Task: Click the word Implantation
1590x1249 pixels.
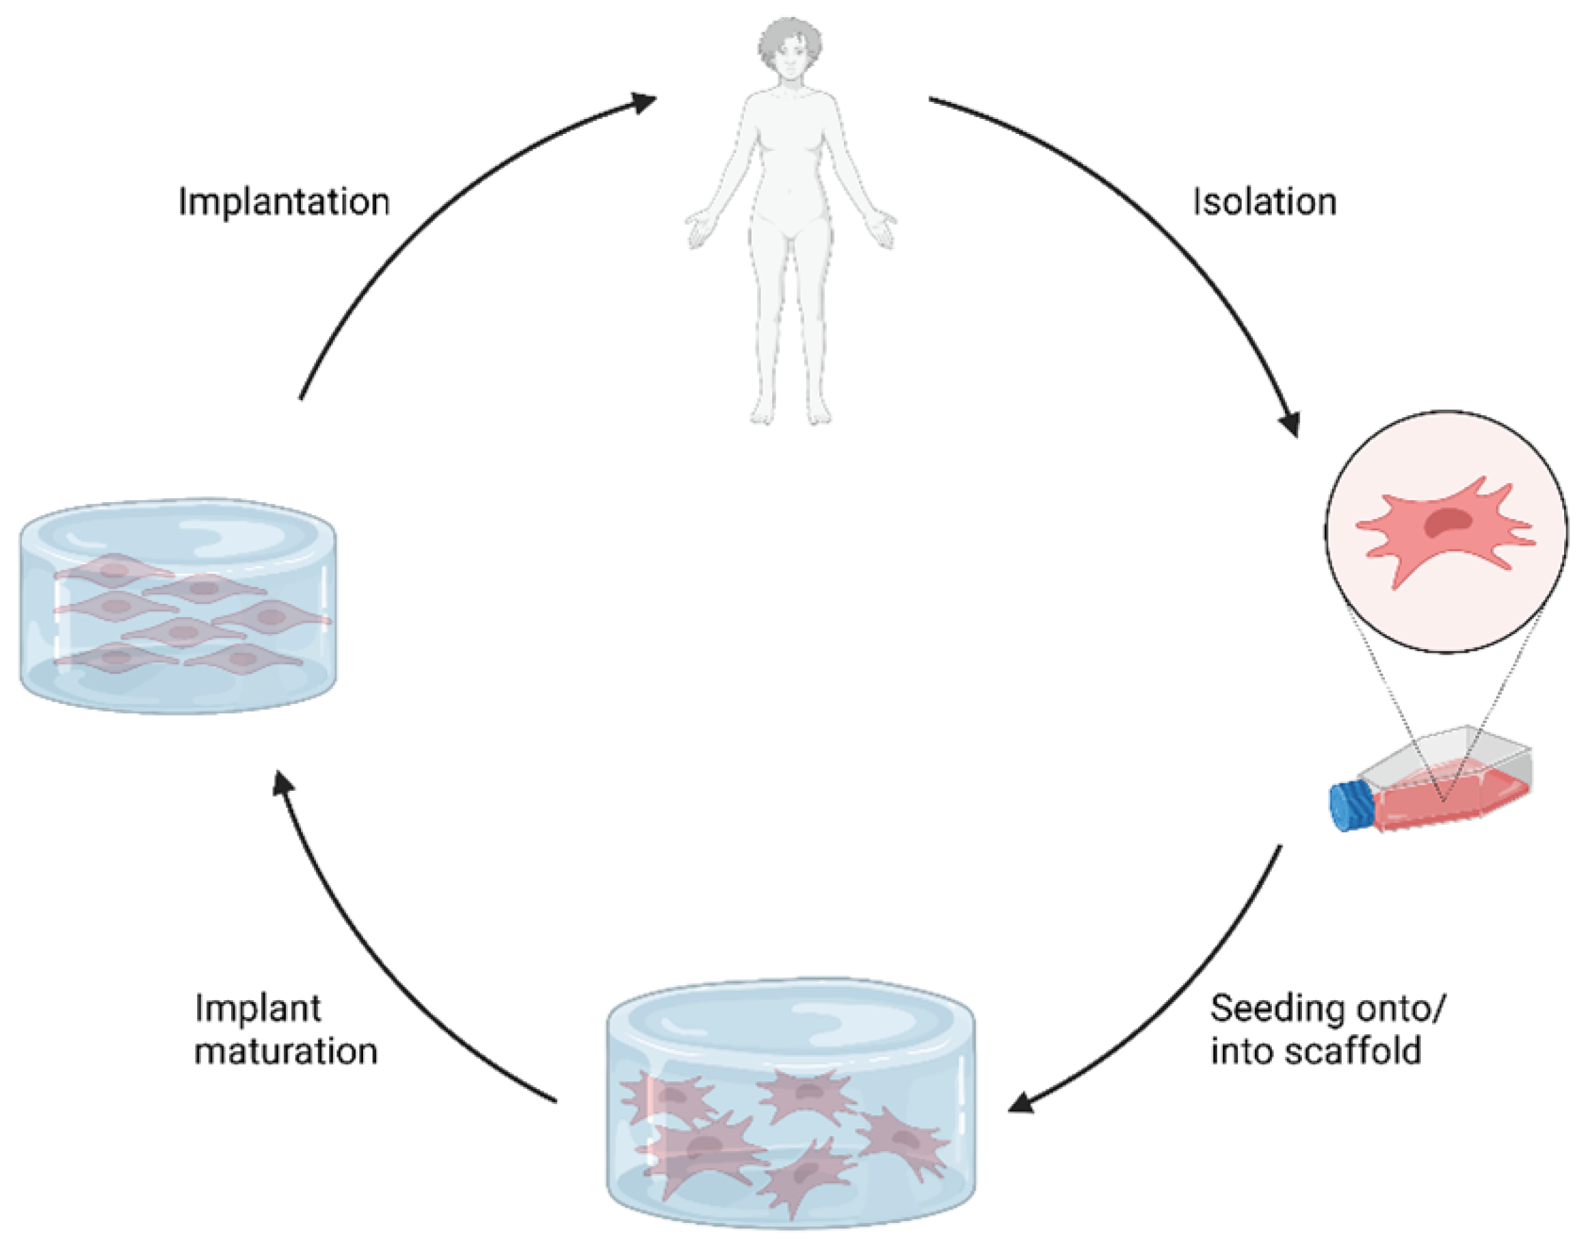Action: (x=284, y=202)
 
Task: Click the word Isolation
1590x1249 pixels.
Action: (x=1264, y=202)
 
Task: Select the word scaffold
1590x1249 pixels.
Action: (x=1353, y=1051)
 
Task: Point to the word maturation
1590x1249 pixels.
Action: (x=286, y=1051)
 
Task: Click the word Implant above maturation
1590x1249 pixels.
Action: (x=257, y=1010)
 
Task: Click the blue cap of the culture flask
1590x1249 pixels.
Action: (x=1351, y=806)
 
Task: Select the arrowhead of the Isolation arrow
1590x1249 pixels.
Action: (x=1290, y=423)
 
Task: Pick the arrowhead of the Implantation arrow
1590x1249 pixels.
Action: (x=643, y=103)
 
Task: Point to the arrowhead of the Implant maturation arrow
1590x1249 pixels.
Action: (x=282, y=785)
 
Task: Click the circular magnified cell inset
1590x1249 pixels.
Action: (x=1446, y=531)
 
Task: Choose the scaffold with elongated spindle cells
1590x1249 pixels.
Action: (x=178, y=607)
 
